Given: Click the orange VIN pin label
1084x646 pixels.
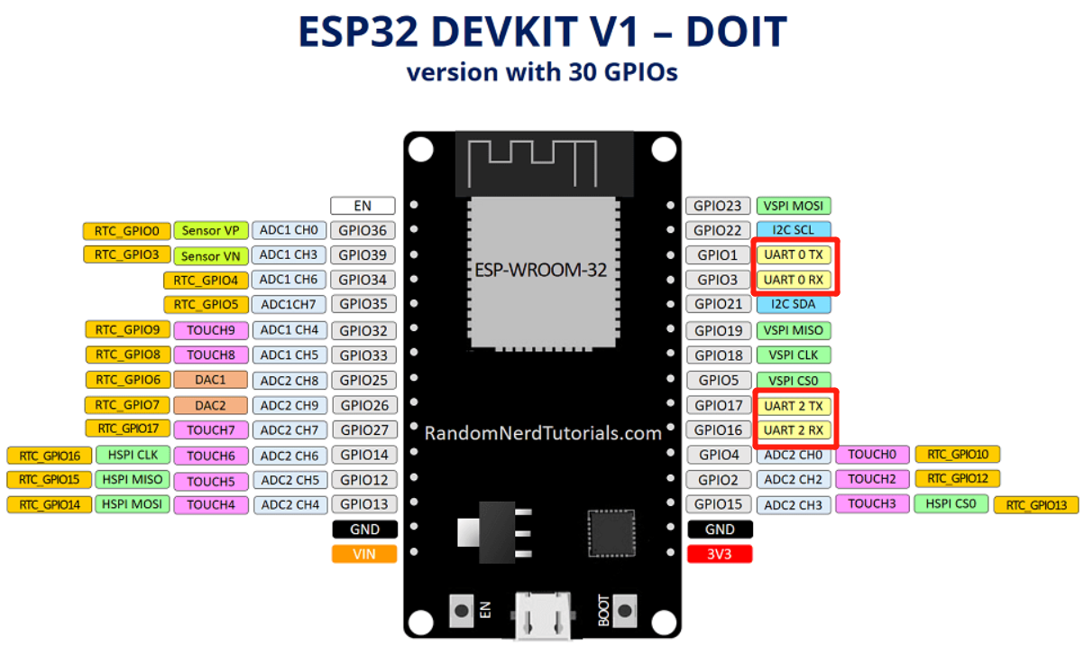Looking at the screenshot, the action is point(364,554).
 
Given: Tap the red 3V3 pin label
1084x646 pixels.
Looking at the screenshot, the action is point(720,554).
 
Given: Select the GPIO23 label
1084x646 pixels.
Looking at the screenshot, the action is point(718,206).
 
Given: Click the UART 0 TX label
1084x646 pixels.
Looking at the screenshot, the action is point(794,254).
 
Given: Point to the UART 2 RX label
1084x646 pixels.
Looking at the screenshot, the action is point(794,430).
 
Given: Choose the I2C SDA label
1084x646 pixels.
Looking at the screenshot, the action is point(794,304).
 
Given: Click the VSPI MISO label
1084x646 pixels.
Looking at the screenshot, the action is point(794,330).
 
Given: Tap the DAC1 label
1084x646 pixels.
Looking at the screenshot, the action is point(210,380).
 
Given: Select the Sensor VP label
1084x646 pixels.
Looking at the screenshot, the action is point(210,230).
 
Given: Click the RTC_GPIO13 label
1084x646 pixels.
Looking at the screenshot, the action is point(1036,505).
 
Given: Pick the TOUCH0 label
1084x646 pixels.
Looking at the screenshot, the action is point(872,454).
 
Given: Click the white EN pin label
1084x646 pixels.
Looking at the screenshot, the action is point(363,206).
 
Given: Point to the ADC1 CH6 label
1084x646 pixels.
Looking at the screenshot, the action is point(289,280).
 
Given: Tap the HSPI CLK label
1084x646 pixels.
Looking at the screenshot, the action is point(133,455).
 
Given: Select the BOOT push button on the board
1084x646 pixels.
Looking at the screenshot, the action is point(624,611).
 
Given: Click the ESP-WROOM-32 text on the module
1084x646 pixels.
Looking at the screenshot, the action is point(540,270).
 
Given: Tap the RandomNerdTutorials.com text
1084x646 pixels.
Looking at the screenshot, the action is point(543,433).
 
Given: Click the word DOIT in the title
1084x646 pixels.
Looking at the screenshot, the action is point(737,32).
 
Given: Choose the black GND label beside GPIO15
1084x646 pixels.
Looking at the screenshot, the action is point(720,530).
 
